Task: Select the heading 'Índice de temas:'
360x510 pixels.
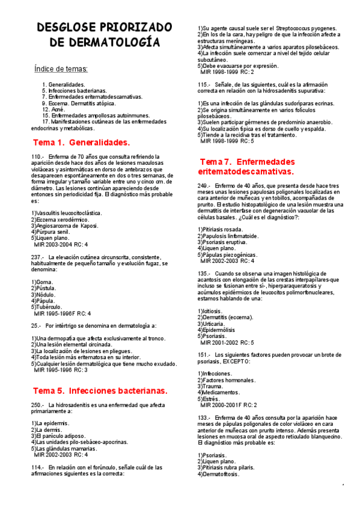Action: (x=61, y=69)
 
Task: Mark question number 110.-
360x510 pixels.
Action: (x=38, y=157)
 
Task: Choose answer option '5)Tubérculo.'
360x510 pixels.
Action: (x=48, y=307)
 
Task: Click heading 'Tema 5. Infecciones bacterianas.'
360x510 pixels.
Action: (x=91, y=390)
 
